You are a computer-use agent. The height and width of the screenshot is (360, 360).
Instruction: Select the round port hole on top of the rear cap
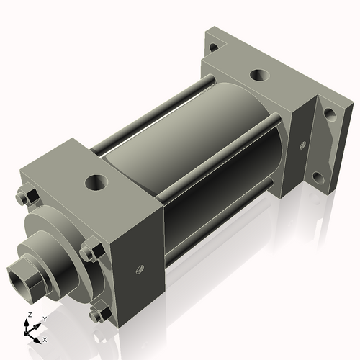click(x=258, y=75)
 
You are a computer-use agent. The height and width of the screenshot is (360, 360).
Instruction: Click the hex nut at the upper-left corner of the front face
click(x=22, y=194)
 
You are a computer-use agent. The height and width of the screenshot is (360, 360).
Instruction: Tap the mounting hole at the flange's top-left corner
click(x=213, y=48)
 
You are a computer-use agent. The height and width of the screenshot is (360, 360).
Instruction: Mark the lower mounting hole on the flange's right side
click(x=318, y=176)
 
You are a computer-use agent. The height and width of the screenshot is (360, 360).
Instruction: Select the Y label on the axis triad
click(x=44, y=318)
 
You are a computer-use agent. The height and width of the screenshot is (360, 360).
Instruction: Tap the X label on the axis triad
click(x=45, y=338)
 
